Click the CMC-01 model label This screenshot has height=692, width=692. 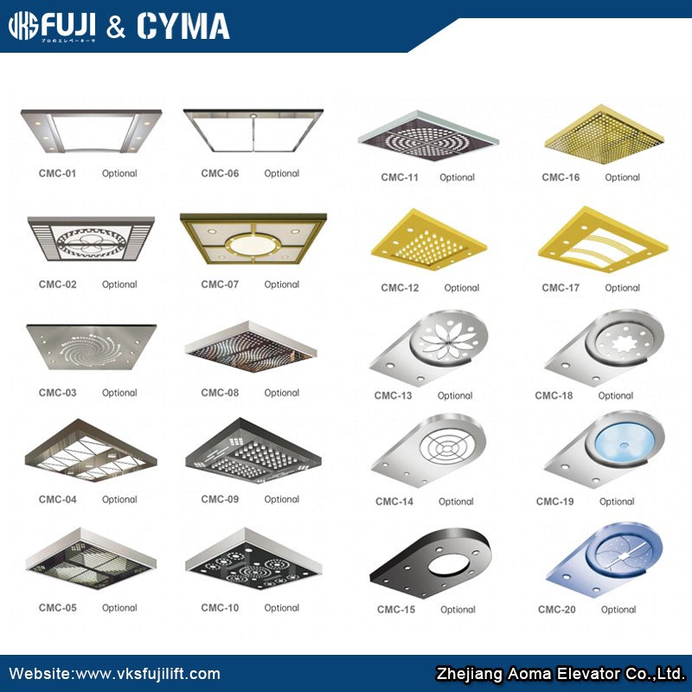pyautogui.click(x=57, y=173)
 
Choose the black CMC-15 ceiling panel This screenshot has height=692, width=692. pyautogui.click(x=430, y=562)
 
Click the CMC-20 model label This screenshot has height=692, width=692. pyautogui.click(x=556, y=610)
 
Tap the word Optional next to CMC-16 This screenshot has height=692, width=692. pyautogui.click(x=622, y=177)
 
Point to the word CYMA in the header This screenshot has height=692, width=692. pyautogui.click(x=183, y=27)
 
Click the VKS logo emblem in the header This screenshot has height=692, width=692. pyautogui.click(x=25, y=27)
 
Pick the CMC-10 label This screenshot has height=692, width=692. pyautogui.click(x=220, y=608)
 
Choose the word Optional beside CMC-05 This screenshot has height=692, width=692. pyautogui.click(x=119, y=608)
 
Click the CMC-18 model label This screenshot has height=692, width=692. pyautogui.click(x=554, y=395)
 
